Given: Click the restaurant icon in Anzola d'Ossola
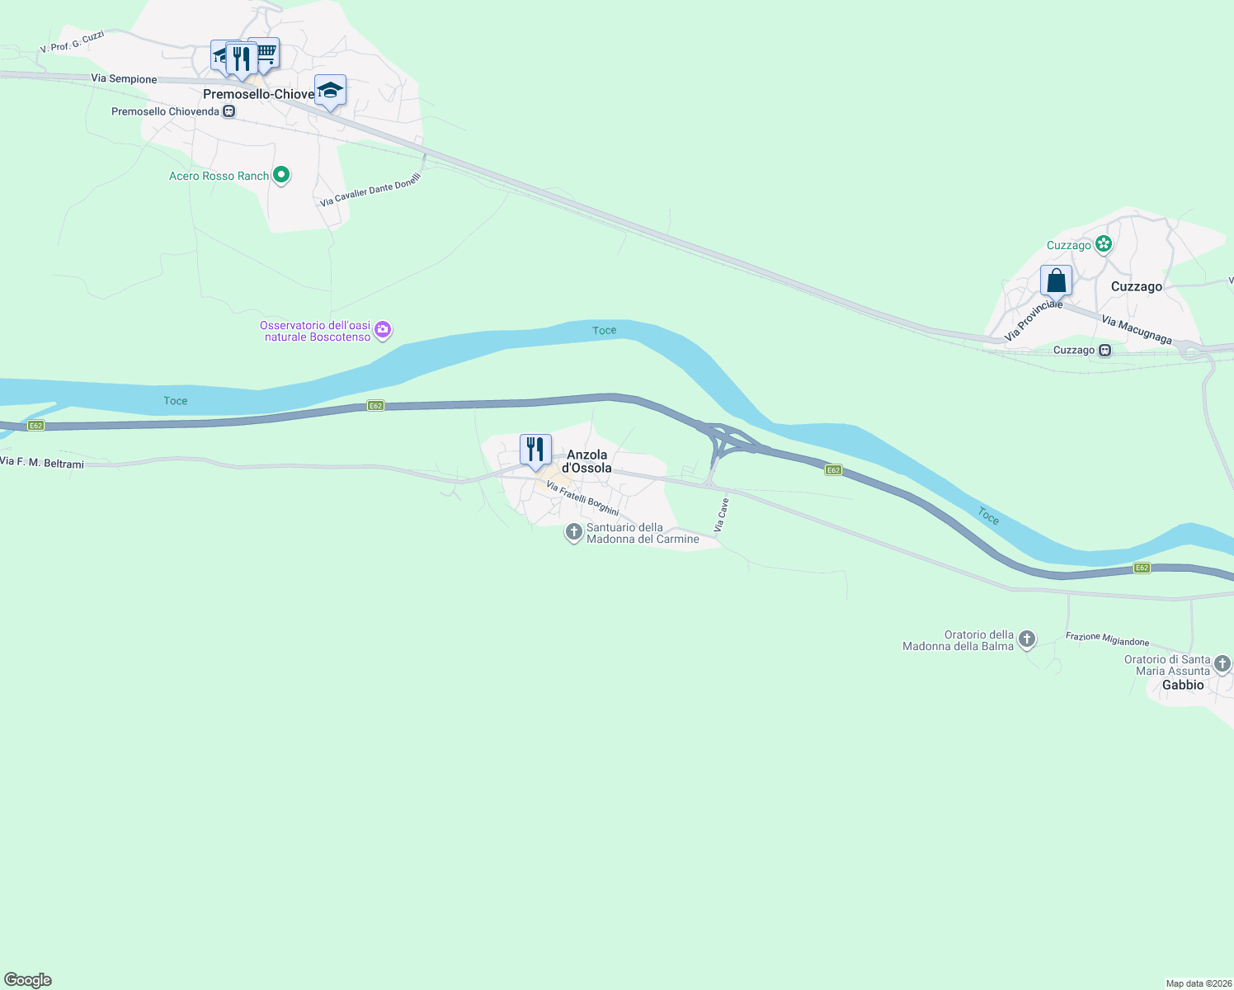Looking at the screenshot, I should [535, 450].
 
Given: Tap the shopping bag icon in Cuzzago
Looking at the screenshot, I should [1056, 280].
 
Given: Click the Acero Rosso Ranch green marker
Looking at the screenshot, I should [281, 175].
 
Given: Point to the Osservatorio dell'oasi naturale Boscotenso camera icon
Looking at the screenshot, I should [383, 331].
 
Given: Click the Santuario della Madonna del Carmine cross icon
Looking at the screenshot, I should [573, 532].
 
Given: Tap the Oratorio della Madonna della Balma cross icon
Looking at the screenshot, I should [1027, 639].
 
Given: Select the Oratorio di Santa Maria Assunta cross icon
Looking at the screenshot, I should [1222, 664].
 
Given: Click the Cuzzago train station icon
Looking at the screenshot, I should [1105, 351].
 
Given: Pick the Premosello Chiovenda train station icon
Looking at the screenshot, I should [229, 111].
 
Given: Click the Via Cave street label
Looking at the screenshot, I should [721, 514].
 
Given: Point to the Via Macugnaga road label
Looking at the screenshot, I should [1137, 330].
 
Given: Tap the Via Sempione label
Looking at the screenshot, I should [124, 79].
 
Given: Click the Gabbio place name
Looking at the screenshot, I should [1183, 685].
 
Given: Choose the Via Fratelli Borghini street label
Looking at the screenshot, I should [582, 499].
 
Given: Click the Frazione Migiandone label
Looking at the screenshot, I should [1107, 639].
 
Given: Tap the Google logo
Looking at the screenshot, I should [28, 980].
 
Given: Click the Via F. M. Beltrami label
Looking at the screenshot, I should [42, 463].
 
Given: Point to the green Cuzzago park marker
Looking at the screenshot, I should [1104, 244].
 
